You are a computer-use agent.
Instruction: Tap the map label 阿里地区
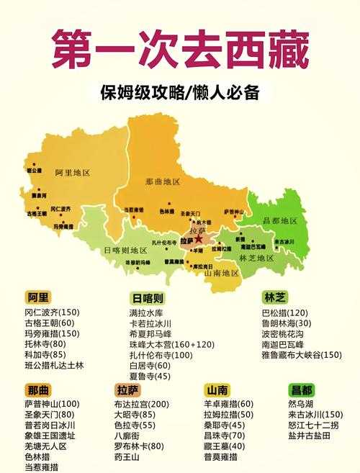(x=73, y=173)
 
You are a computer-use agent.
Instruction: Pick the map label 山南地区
(x=222, y=274)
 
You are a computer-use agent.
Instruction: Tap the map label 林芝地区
(x=257, y=258)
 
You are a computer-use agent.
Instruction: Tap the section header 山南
(x=217, y=389)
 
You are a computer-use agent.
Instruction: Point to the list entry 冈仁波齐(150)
(x=52, y=312)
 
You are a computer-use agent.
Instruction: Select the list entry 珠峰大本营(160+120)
(x=162, y=345)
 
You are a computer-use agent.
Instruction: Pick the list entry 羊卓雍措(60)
(x=229, y=404)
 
